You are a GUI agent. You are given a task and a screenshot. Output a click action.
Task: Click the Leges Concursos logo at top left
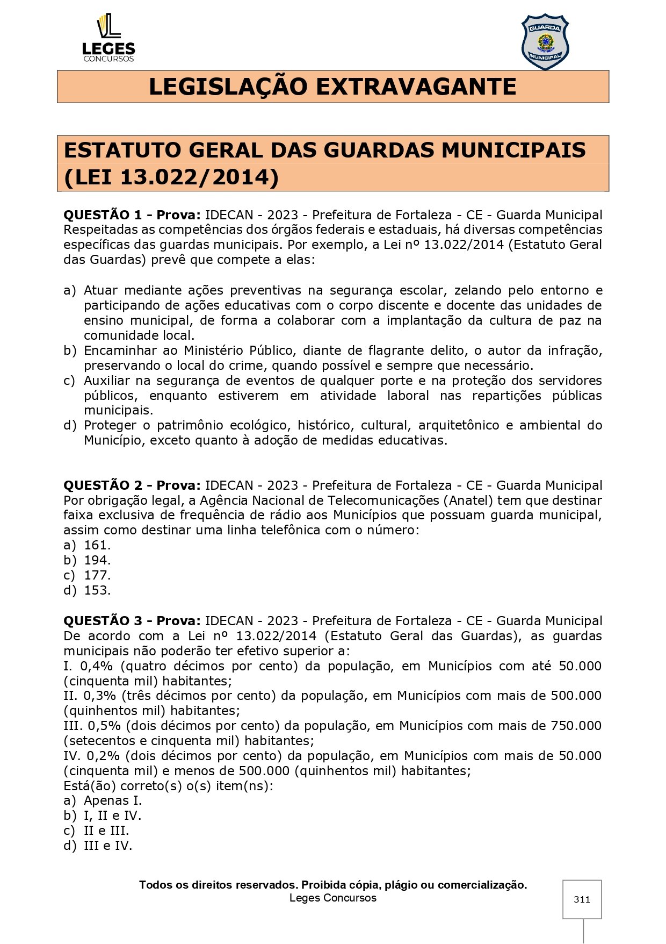point(108,38)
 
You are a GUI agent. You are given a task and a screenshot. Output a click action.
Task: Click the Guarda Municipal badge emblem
point(545,42)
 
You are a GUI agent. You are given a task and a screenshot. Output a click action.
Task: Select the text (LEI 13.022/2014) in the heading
point(171,177)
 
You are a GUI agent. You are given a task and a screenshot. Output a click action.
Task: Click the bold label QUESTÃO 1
point(103,215)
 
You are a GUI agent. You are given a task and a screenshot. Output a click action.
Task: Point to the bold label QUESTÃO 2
point(103,485)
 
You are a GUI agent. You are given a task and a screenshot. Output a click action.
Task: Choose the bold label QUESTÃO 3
point(103,621)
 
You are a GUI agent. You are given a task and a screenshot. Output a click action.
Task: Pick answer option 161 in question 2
point(97,545)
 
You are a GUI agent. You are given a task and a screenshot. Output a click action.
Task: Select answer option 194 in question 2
point(97,560)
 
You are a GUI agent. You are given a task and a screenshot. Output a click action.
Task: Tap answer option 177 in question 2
point(97,575)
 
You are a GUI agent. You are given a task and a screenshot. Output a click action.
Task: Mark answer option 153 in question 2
point(97,590)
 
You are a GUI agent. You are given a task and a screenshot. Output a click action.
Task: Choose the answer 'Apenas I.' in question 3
point(112,800)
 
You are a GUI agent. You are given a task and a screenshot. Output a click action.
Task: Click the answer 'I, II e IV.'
point(112,816)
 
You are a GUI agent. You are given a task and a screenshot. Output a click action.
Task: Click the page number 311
point(582,899)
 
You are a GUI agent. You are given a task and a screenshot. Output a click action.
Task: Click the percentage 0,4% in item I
point(97,666)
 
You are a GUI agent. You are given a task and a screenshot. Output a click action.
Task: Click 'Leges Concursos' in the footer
point(332,898)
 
